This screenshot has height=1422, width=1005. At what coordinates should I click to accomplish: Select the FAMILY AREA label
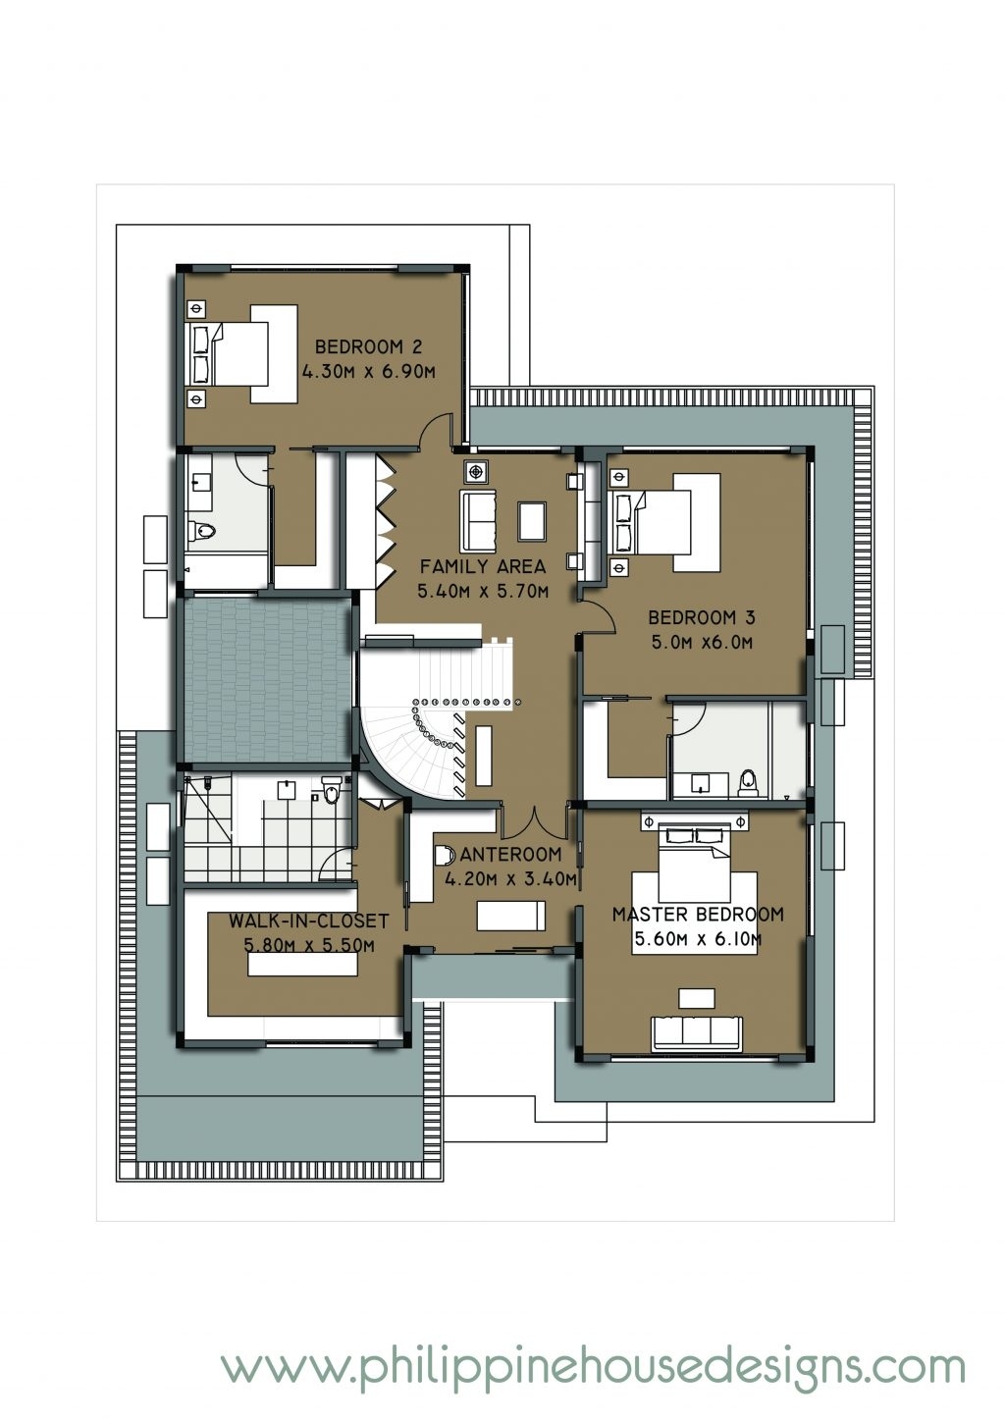[x=482, y=566]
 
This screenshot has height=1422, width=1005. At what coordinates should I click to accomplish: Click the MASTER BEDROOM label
[x=698, y=915]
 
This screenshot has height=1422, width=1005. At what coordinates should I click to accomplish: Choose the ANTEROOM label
[x=509, y=854]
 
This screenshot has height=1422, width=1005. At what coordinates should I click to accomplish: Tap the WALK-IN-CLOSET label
[x=309, y=922]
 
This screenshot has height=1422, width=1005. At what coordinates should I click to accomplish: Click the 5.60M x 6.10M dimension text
[x=698, y=940]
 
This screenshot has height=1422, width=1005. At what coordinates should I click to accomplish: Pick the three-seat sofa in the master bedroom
[x=698, y=1034]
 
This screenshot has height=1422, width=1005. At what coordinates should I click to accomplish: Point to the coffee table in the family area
[x=532, y=520]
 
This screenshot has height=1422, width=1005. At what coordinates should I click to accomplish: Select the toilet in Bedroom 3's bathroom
[x=749, y=781]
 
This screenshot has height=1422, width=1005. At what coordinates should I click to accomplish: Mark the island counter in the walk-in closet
[x=304, y=965]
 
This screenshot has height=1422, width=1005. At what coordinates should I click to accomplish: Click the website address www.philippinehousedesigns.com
[x=593, y=1365]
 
